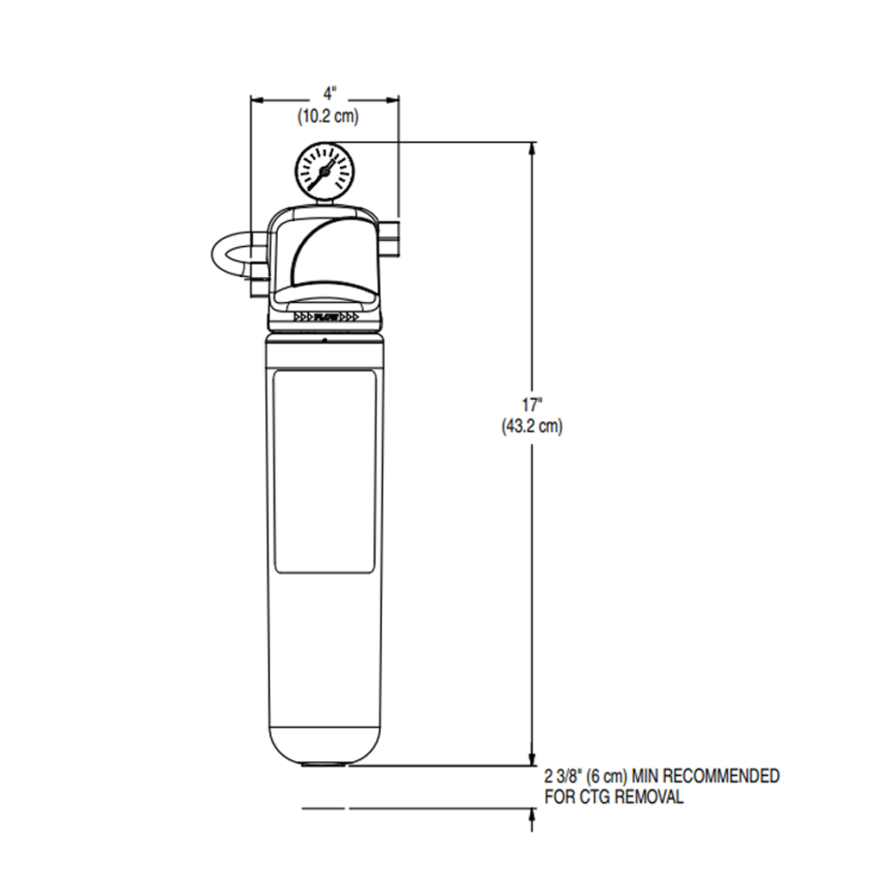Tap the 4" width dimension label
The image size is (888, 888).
pyautogui.click(x=328, y=92)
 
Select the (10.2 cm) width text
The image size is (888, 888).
pyautogui.click(x=328, y=114)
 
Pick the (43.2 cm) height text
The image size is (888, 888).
pyautogui.click(x=532, y=427)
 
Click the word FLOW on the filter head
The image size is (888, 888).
pyautogui.click(x=325, y=316)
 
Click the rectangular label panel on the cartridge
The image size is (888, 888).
pyautogui.click(x=323, y=472)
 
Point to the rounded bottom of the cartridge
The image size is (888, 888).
pyautogui.click(x=324, y=741)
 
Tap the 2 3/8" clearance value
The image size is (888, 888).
pyautogui.click(x=563, y=777)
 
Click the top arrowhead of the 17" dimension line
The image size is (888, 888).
pyautogui.click(x=532, y=149)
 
